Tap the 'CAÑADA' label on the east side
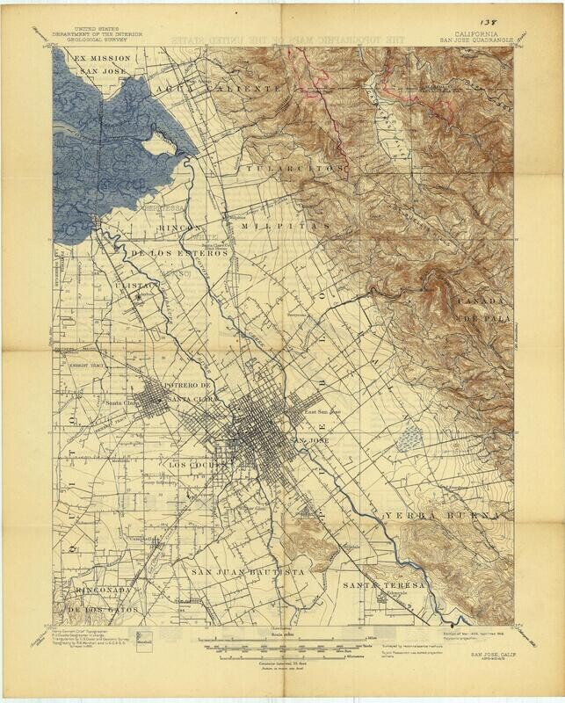coord(479,301)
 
